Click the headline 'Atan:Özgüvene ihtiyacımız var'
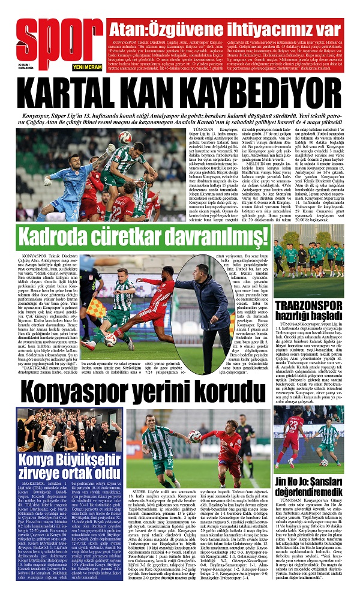click(223, 28)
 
